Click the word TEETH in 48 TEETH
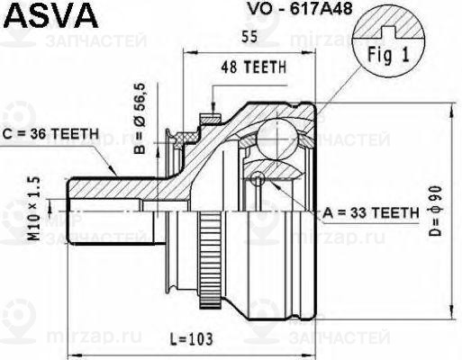tap(267, 67)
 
